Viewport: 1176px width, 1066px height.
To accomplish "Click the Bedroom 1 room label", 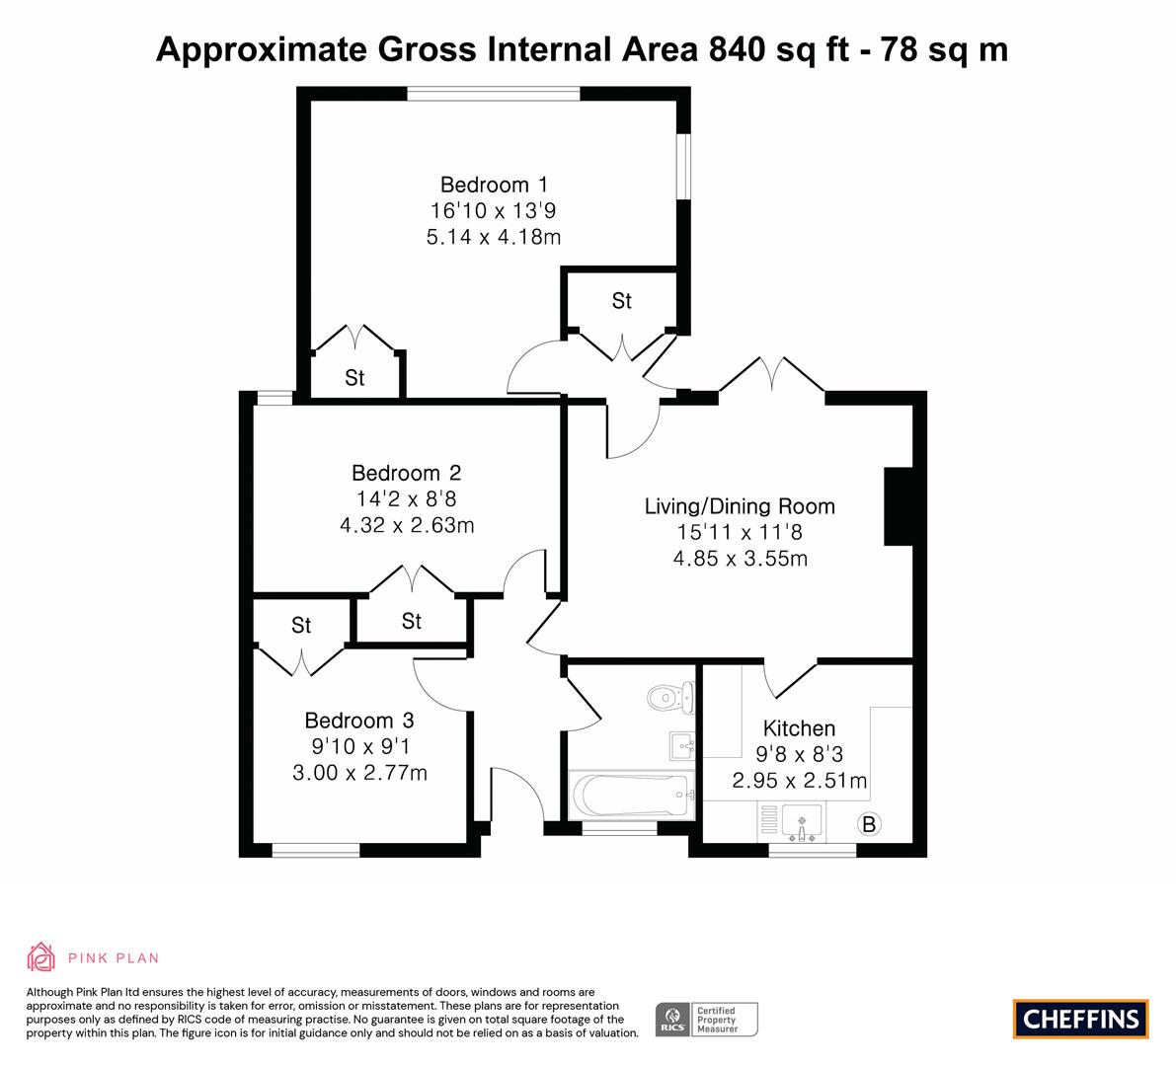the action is [494, 185].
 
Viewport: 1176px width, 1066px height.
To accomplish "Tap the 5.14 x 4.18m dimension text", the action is [494, 237].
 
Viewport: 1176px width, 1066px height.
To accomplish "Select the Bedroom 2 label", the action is [407, 473].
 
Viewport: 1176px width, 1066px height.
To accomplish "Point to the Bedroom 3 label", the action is [359, 721].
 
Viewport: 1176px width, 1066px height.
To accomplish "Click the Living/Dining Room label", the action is [740, 506].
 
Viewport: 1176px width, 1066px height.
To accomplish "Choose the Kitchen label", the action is [799, 727].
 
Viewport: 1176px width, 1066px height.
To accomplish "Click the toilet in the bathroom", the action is [670, 698].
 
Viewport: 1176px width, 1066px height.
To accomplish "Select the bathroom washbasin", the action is [681, 746].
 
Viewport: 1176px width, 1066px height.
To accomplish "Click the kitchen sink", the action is [802, 822].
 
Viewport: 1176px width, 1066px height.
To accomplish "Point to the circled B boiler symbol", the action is [869, 824].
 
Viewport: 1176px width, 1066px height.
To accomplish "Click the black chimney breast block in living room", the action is [899, 506].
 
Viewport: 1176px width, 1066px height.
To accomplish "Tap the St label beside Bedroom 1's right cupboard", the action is [621, 301].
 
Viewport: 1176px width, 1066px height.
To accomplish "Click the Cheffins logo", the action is [1081, 1019].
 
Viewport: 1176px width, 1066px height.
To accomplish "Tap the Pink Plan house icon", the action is [41, 957].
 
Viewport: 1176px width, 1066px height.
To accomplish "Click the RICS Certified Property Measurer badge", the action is [707, 1020].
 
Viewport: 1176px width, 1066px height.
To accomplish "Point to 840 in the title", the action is [737, 49].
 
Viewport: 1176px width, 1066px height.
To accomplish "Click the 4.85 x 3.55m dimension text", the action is [740, 559].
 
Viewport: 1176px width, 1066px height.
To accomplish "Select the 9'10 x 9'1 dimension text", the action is [360, 746].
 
